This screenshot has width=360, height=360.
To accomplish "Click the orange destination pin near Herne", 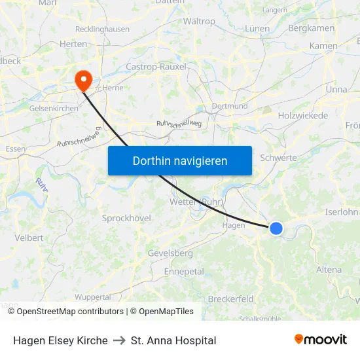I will (x=84, y=81).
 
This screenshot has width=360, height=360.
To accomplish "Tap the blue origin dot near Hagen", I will (x=276, y=228).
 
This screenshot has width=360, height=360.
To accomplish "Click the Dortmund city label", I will (x=230, y=106).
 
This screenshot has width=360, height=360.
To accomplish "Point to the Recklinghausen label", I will (x=102, y=29).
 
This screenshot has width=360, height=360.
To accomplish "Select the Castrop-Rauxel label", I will (x=156, y=67).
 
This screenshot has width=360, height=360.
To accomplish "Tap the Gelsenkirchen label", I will (x=54, y=108).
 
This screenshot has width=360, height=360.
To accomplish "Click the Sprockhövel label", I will (x=126, y=218).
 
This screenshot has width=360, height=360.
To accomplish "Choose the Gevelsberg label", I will (x=170, y=253).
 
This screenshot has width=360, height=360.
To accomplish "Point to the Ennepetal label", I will (x=184, y=271).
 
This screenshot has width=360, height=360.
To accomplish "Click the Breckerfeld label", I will (x=230, y=299).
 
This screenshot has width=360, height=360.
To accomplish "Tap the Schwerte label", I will (x=278, y=158).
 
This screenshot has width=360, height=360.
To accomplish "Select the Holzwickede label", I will (x=303, y=115).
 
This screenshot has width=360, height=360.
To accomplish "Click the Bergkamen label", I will (x=312, y=28).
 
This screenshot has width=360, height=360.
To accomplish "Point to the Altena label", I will (x=329, y=270).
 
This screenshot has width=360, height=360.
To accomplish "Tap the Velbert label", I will (x=29, y=238).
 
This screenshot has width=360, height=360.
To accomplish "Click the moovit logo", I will (x=321, y=339).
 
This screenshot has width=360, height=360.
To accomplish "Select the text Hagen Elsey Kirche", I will (x=60, y=340).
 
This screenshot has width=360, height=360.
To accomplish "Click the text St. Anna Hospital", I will (x=173, y=340).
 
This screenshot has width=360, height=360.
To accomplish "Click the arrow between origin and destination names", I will (x=119, y=340).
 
